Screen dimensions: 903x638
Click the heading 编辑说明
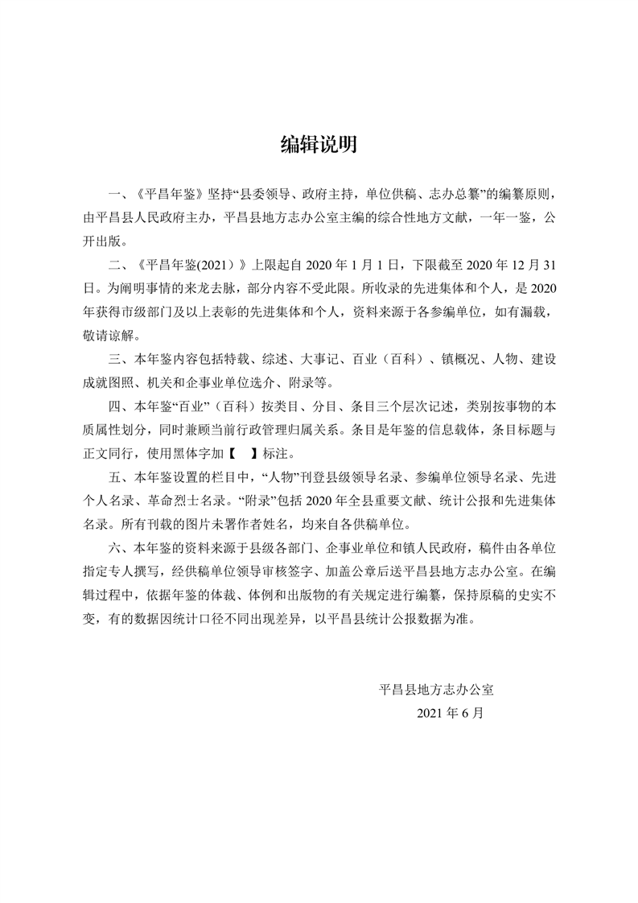pos(319,144)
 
